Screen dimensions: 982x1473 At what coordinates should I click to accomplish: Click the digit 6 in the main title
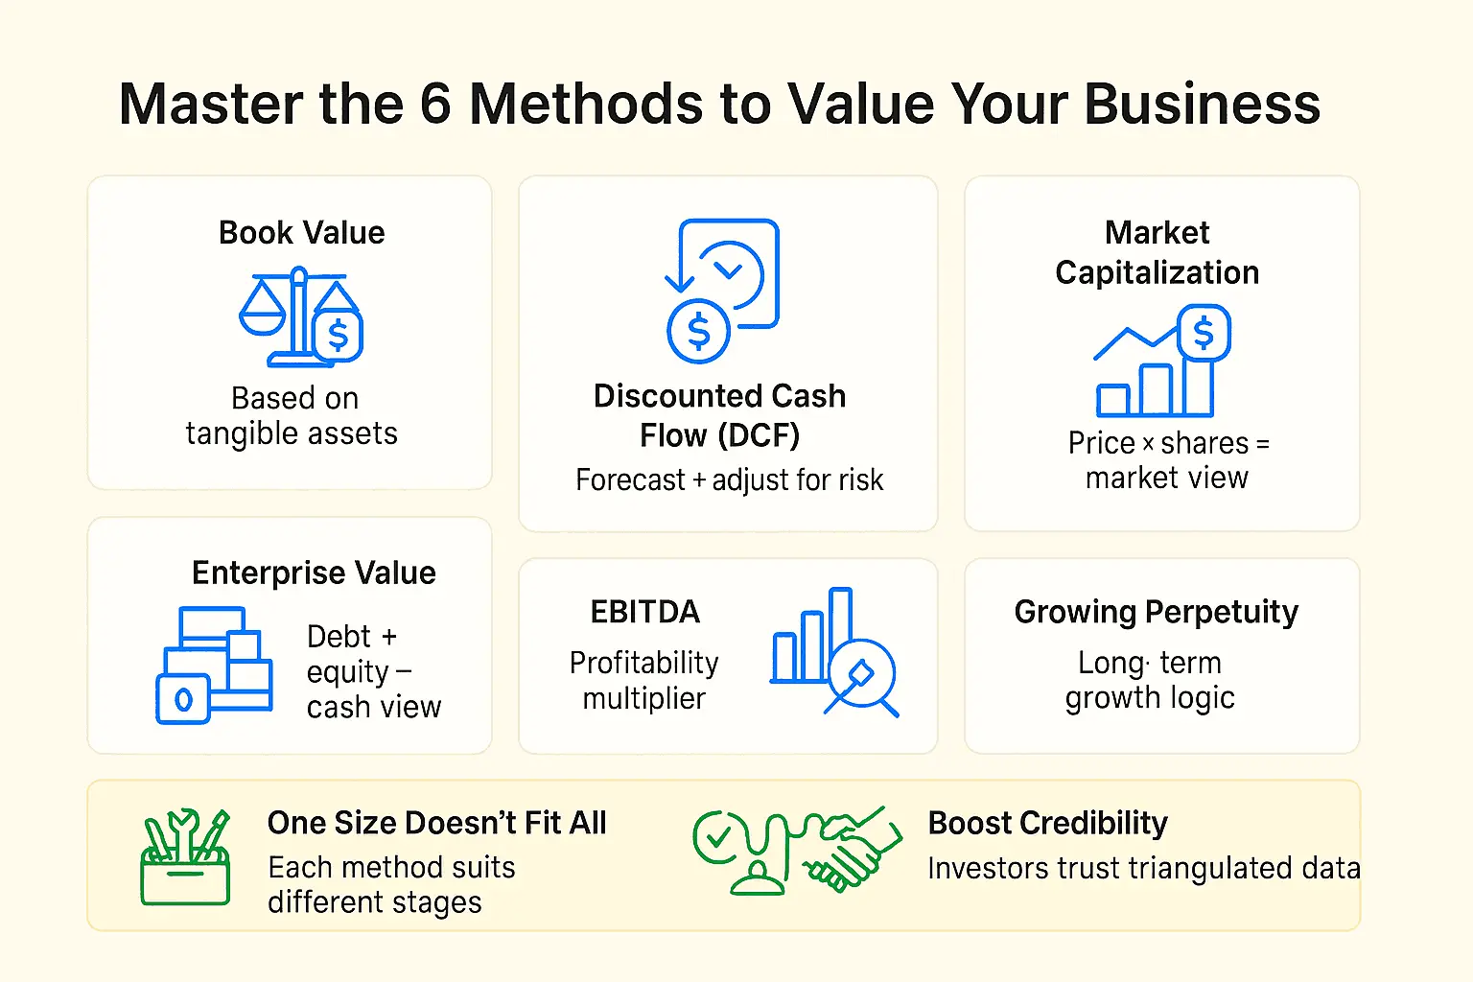435,104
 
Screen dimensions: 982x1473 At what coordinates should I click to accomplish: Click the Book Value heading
301,233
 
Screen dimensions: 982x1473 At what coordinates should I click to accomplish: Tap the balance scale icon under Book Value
300,317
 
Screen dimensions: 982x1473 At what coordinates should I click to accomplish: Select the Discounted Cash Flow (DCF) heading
719,415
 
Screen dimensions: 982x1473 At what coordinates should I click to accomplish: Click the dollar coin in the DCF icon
698,332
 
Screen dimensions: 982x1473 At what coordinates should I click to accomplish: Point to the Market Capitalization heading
1157,252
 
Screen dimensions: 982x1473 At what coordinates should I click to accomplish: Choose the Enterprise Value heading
314,573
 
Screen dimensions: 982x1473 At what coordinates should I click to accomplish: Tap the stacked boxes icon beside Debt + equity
214,665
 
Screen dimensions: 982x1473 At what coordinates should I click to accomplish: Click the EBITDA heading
644,612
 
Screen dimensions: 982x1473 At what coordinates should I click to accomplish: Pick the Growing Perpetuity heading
1156,612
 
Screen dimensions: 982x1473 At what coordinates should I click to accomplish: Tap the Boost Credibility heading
1047,823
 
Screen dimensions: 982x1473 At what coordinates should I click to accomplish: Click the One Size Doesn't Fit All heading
436,823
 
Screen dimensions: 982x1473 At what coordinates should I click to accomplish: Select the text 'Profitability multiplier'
643,680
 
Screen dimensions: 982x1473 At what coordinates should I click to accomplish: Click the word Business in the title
1203,104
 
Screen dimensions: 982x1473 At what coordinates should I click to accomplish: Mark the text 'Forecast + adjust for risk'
729,479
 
